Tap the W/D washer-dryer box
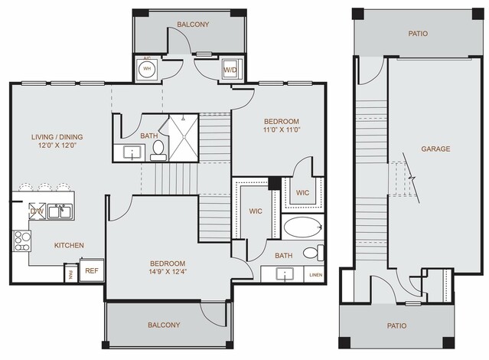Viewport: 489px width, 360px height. (230, 70)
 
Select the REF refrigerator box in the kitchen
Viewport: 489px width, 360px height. (91, 270)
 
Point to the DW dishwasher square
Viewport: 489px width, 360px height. (37, 211)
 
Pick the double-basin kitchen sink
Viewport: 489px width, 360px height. (59, 211)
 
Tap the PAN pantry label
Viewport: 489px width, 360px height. (70, 273)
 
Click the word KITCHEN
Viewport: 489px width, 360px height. (69, 246)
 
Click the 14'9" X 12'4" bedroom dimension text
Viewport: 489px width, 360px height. (149, 270)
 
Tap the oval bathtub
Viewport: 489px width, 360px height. (303, 229)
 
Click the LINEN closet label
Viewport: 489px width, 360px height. (315, 274)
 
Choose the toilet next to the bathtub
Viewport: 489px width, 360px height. (311, 254)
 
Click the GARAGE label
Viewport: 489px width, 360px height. (435, 149)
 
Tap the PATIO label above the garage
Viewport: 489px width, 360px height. (418, 34)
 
